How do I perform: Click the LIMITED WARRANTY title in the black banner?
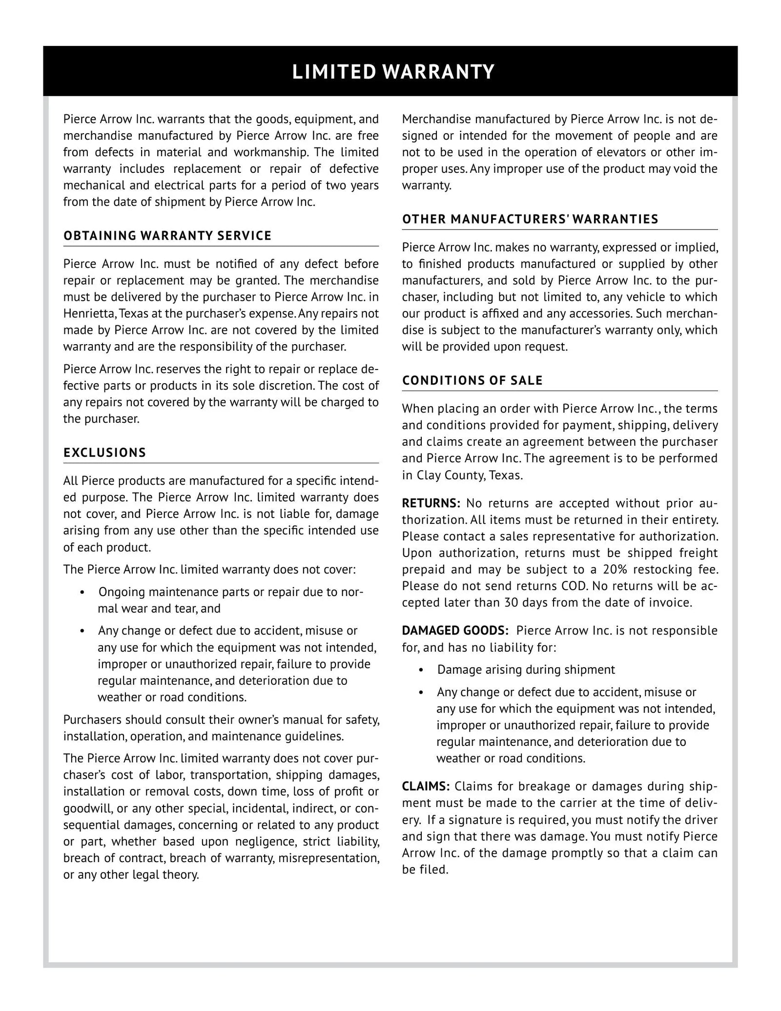tap(393, 72)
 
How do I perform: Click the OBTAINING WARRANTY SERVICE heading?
tap(167, 236)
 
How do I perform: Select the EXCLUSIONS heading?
tap(104, 453)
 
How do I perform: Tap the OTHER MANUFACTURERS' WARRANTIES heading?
tap(530, 219)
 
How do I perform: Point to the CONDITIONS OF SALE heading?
tap(472, 381)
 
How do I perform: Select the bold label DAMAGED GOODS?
tap(455, 631)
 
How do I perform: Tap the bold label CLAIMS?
tap(426, 786)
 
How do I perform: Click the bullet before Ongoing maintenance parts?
tap(82, 593)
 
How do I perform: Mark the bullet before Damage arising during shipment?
tap(421, 670)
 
